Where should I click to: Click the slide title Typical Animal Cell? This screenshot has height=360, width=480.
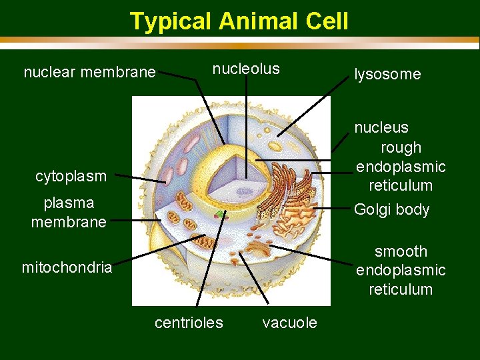239,21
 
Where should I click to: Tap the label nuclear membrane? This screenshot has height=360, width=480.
89,72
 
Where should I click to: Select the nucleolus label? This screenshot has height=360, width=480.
246,69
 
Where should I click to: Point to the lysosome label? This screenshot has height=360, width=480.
387,74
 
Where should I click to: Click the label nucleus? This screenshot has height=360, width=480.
381,127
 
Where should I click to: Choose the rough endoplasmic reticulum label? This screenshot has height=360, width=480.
401,166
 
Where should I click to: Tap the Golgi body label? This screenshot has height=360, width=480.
391,209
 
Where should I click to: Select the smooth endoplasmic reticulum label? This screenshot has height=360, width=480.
401,270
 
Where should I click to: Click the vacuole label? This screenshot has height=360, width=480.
289,323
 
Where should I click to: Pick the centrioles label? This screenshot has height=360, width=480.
189,323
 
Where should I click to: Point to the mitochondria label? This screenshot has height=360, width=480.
67,268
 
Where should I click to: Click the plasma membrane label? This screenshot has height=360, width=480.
69,212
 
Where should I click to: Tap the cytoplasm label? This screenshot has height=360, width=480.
71,176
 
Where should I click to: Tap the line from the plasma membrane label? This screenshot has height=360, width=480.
133,220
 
